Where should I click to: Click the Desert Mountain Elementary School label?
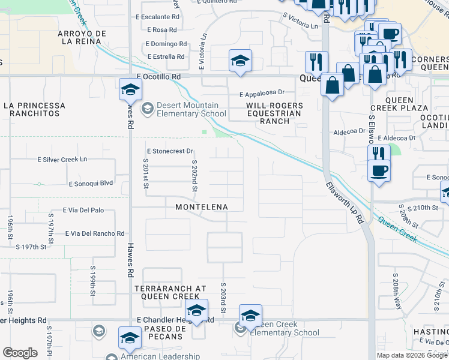(x=191, y=109)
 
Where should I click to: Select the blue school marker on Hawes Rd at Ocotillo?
(x=130, y=90)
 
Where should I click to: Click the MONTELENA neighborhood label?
(x=202, y=207)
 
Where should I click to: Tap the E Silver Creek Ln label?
(x=62, y=160)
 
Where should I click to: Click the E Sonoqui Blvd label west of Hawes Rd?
(x=91, y=182)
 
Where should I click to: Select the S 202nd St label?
(x=194, y=176)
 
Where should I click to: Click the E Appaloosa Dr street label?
(x=262, y=94)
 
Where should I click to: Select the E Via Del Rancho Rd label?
(x=95, y=233)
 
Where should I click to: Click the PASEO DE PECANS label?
(x=163, y=332)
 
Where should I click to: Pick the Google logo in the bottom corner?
(x=20, y=353)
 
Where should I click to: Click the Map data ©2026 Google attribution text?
(x=411, y=356)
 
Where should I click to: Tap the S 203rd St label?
(x=222, y=296)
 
